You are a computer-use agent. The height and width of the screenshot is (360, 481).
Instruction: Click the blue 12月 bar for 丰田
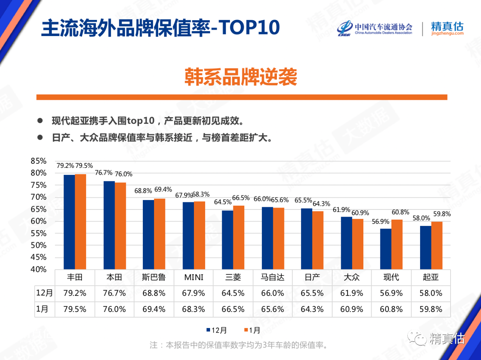(69, 221)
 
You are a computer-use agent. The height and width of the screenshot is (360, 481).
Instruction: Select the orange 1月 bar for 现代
(397, 244)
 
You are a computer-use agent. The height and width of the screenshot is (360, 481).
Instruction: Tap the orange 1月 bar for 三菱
(239, 237)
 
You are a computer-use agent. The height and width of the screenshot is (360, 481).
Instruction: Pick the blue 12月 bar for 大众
(346, 243)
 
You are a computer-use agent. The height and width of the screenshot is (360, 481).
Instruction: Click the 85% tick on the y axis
(39, 161)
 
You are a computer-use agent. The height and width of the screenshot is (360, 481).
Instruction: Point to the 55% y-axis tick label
(39, 233)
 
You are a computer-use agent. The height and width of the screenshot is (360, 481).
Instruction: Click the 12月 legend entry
(217, 330)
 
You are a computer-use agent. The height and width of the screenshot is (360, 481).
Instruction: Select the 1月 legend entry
(253, 330)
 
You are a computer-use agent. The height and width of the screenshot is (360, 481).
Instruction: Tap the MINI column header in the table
(194, 277)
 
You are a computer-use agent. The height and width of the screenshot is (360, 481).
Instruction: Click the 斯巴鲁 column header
(154, 277)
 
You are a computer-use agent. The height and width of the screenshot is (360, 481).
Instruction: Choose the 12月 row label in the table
(44, 293)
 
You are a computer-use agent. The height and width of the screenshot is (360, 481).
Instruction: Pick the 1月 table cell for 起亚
(431, 309)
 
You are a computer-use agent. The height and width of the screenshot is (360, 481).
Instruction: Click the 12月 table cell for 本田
(114, 293)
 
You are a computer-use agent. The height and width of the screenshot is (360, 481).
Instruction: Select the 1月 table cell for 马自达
(272, 309)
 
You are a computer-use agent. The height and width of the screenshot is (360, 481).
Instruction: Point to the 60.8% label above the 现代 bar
(400, 212)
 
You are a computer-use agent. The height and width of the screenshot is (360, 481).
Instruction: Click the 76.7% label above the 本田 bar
(103, 173)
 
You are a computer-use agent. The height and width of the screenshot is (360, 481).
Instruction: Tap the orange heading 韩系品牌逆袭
(241, 77)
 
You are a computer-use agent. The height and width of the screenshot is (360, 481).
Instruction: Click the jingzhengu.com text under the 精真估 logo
(447, 33)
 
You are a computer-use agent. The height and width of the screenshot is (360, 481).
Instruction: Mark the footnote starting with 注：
(239, 345)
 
